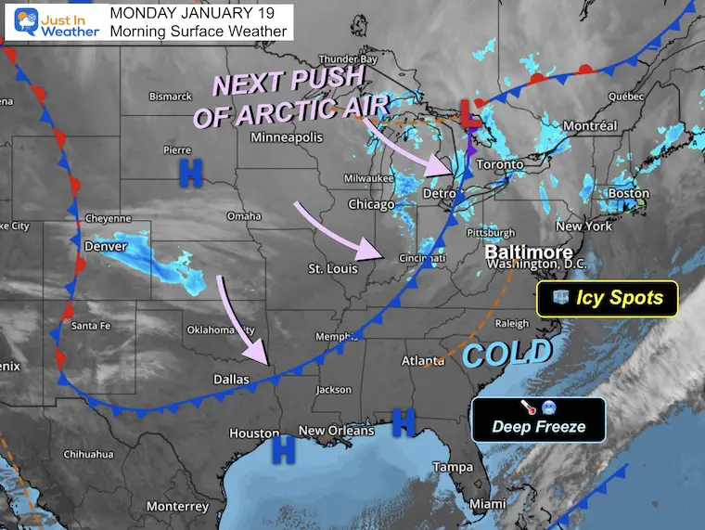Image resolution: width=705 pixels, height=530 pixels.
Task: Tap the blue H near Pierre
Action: click(x=191, y=170)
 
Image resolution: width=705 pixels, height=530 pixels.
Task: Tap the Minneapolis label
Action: click(x=286, y=137)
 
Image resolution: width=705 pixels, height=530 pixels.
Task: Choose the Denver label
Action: click(x=104, y=247)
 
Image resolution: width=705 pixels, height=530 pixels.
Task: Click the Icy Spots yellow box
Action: click(x=608, y=298)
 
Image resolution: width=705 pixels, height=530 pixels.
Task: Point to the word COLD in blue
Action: click(x=506, y=354)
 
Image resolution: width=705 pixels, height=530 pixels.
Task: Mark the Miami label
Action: click(x=487, y=503)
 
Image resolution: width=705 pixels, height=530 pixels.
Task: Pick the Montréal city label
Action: click(x=590, y=126)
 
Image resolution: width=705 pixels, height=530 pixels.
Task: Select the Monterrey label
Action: click(x=177, y=506)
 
